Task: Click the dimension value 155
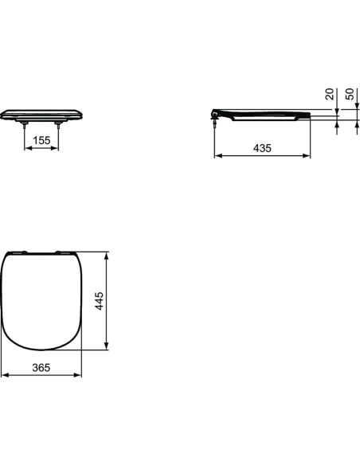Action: [44, 140]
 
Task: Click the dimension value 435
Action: [262, 148]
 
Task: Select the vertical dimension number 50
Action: [349, 93]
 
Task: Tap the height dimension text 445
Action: [100, 302]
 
